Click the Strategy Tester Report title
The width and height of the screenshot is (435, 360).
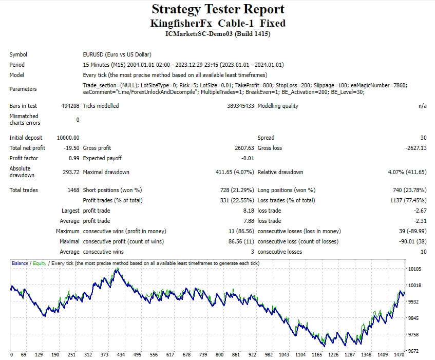[x=217, y=9]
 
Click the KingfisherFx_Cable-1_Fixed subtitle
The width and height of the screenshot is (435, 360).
[x=217, y=23]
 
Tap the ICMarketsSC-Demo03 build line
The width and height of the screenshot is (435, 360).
[x=217, y=34]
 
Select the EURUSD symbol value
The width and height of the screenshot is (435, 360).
[x=117, y=54]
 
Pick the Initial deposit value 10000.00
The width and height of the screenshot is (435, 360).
[x=68, y=138]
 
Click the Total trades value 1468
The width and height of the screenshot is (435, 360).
[x=73, y=190]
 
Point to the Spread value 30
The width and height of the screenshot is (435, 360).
[x=423, y=138]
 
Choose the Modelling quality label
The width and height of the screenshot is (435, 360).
[x=278, y=106]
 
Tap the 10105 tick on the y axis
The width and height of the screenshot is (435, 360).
[x=414, y=269]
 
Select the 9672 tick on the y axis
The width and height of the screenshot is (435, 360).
[x=414, y=351]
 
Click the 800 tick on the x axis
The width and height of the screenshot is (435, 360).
[x=219, y=355]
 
